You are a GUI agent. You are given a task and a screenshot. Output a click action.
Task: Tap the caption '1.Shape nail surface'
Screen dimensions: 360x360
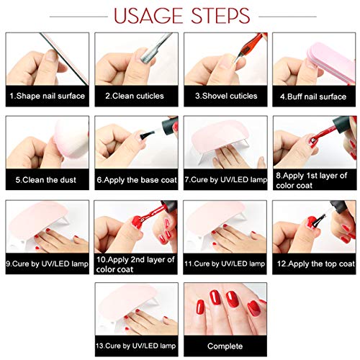coord(48,96)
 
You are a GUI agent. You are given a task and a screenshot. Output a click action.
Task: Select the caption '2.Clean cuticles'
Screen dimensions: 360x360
coord(133,96)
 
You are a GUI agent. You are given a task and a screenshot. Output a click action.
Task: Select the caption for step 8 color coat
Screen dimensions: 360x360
coord(314,180)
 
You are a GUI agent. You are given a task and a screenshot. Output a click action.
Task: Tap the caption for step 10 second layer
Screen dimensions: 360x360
coord(137,264)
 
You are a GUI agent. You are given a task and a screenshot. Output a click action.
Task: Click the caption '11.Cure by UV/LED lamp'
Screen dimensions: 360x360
coord(225,264)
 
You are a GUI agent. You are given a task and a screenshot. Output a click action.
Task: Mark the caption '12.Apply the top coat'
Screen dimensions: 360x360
coord(314,264)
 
